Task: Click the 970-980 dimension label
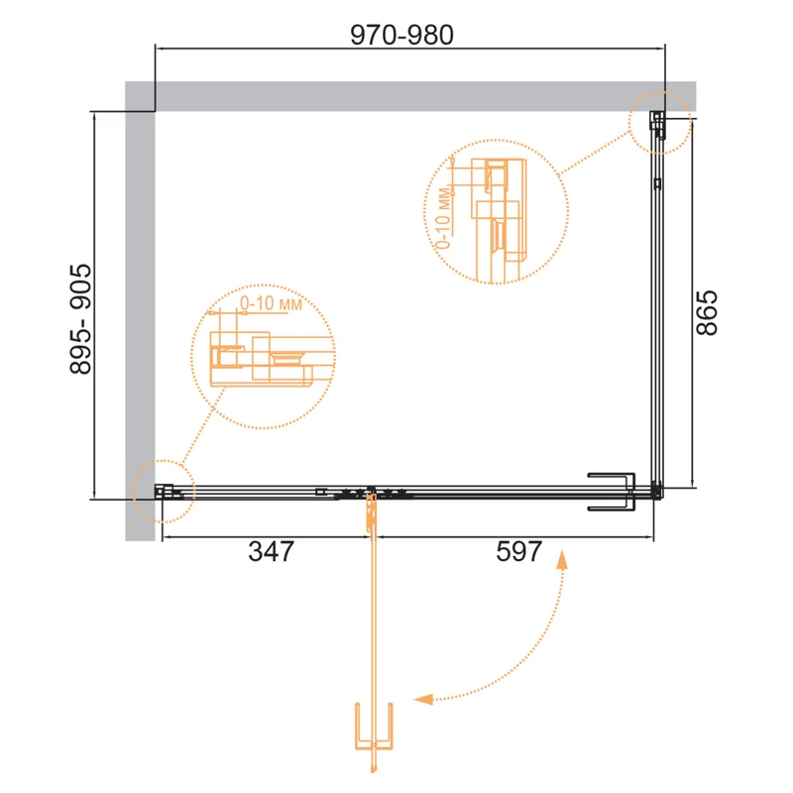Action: (401, 35)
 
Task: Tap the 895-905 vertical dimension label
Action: (81, 319)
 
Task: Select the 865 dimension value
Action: (707, 312)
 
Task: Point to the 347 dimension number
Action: (271, 551)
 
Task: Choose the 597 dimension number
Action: (519, 551)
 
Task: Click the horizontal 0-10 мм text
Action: (271, 303)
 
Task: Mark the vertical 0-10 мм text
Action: (442, 218)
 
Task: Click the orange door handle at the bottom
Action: (374, 727)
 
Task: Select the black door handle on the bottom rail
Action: (611, 492)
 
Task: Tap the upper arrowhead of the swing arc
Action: (561, 560)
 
